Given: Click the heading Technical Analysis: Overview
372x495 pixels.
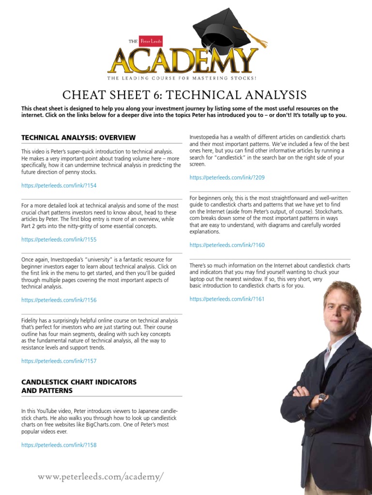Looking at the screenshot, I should click(78, 138).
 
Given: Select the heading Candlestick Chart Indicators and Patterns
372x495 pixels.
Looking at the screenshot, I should click(78, 386).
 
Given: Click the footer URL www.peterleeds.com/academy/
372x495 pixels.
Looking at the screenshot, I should click(101, 477).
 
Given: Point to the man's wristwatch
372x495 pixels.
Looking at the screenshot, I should click(322, 398).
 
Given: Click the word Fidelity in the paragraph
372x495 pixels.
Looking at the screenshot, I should click(31, 320).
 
